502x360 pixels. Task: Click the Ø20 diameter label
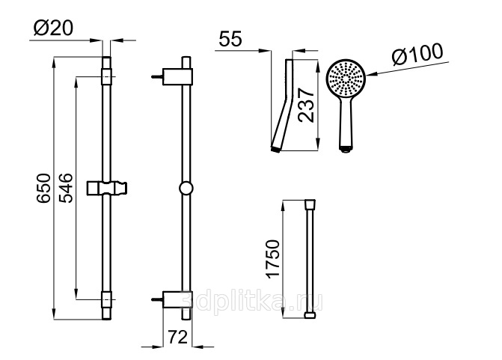(x=53, y=28)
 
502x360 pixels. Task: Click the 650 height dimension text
(x=43, y=188)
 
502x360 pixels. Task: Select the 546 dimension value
(x=66, y=188)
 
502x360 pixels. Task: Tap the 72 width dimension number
(x=177, y=337)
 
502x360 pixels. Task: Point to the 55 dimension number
(x=230, y=39)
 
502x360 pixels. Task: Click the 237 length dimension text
(x=306, y=106)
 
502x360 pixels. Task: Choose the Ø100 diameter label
(x=417, y=55)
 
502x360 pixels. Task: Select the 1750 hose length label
(x=273, y=259)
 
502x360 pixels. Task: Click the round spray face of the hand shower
(x=346, y=78)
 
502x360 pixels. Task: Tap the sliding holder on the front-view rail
(x=107, y=188)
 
